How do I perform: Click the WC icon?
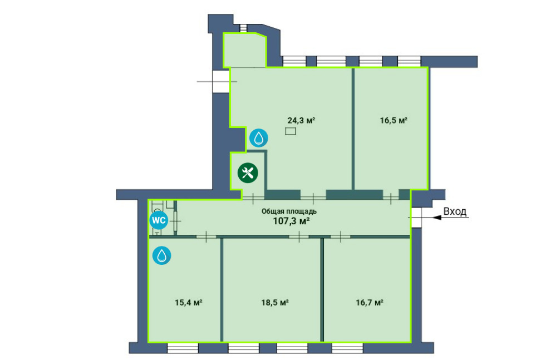159,220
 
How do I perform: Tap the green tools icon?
248,172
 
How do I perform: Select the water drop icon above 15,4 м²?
161,255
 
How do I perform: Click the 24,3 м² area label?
301,120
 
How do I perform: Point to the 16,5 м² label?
394,120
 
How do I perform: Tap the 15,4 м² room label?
188,303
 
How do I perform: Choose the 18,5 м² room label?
275,303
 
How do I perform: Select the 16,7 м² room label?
369,303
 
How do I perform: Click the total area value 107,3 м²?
291,221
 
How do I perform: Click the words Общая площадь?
289,211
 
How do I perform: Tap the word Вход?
455,211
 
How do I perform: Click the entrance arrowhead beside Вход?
437,217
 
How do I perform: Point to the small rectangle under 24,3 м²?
291,131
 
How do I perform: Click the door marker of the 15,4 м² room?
206,236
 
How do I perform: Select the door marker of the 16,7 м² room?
341,236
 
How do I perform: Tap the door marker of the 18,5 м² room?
299,236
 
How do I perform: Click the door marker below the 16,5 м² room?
391,198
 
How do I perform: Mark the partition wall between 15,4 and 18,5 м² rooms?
222,289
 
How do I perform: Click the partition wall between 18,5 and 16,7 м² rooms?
322,289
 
